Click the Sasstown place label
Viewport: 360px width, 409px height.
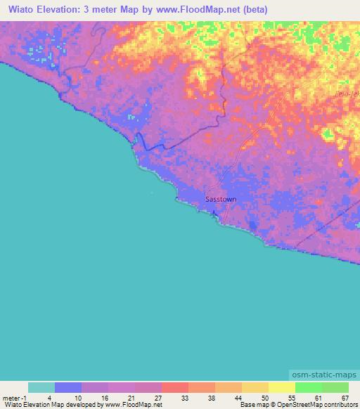pos(220,199)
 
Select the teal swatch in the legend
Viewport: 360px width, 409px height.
pos(41,387)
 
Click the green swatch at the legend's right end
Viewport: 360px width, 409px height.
pos(335,387)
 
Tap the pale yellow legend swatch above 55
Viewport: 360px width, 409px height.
pos(281,387)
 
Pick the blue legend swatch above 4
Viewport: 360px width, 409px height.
pos(67,387)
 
